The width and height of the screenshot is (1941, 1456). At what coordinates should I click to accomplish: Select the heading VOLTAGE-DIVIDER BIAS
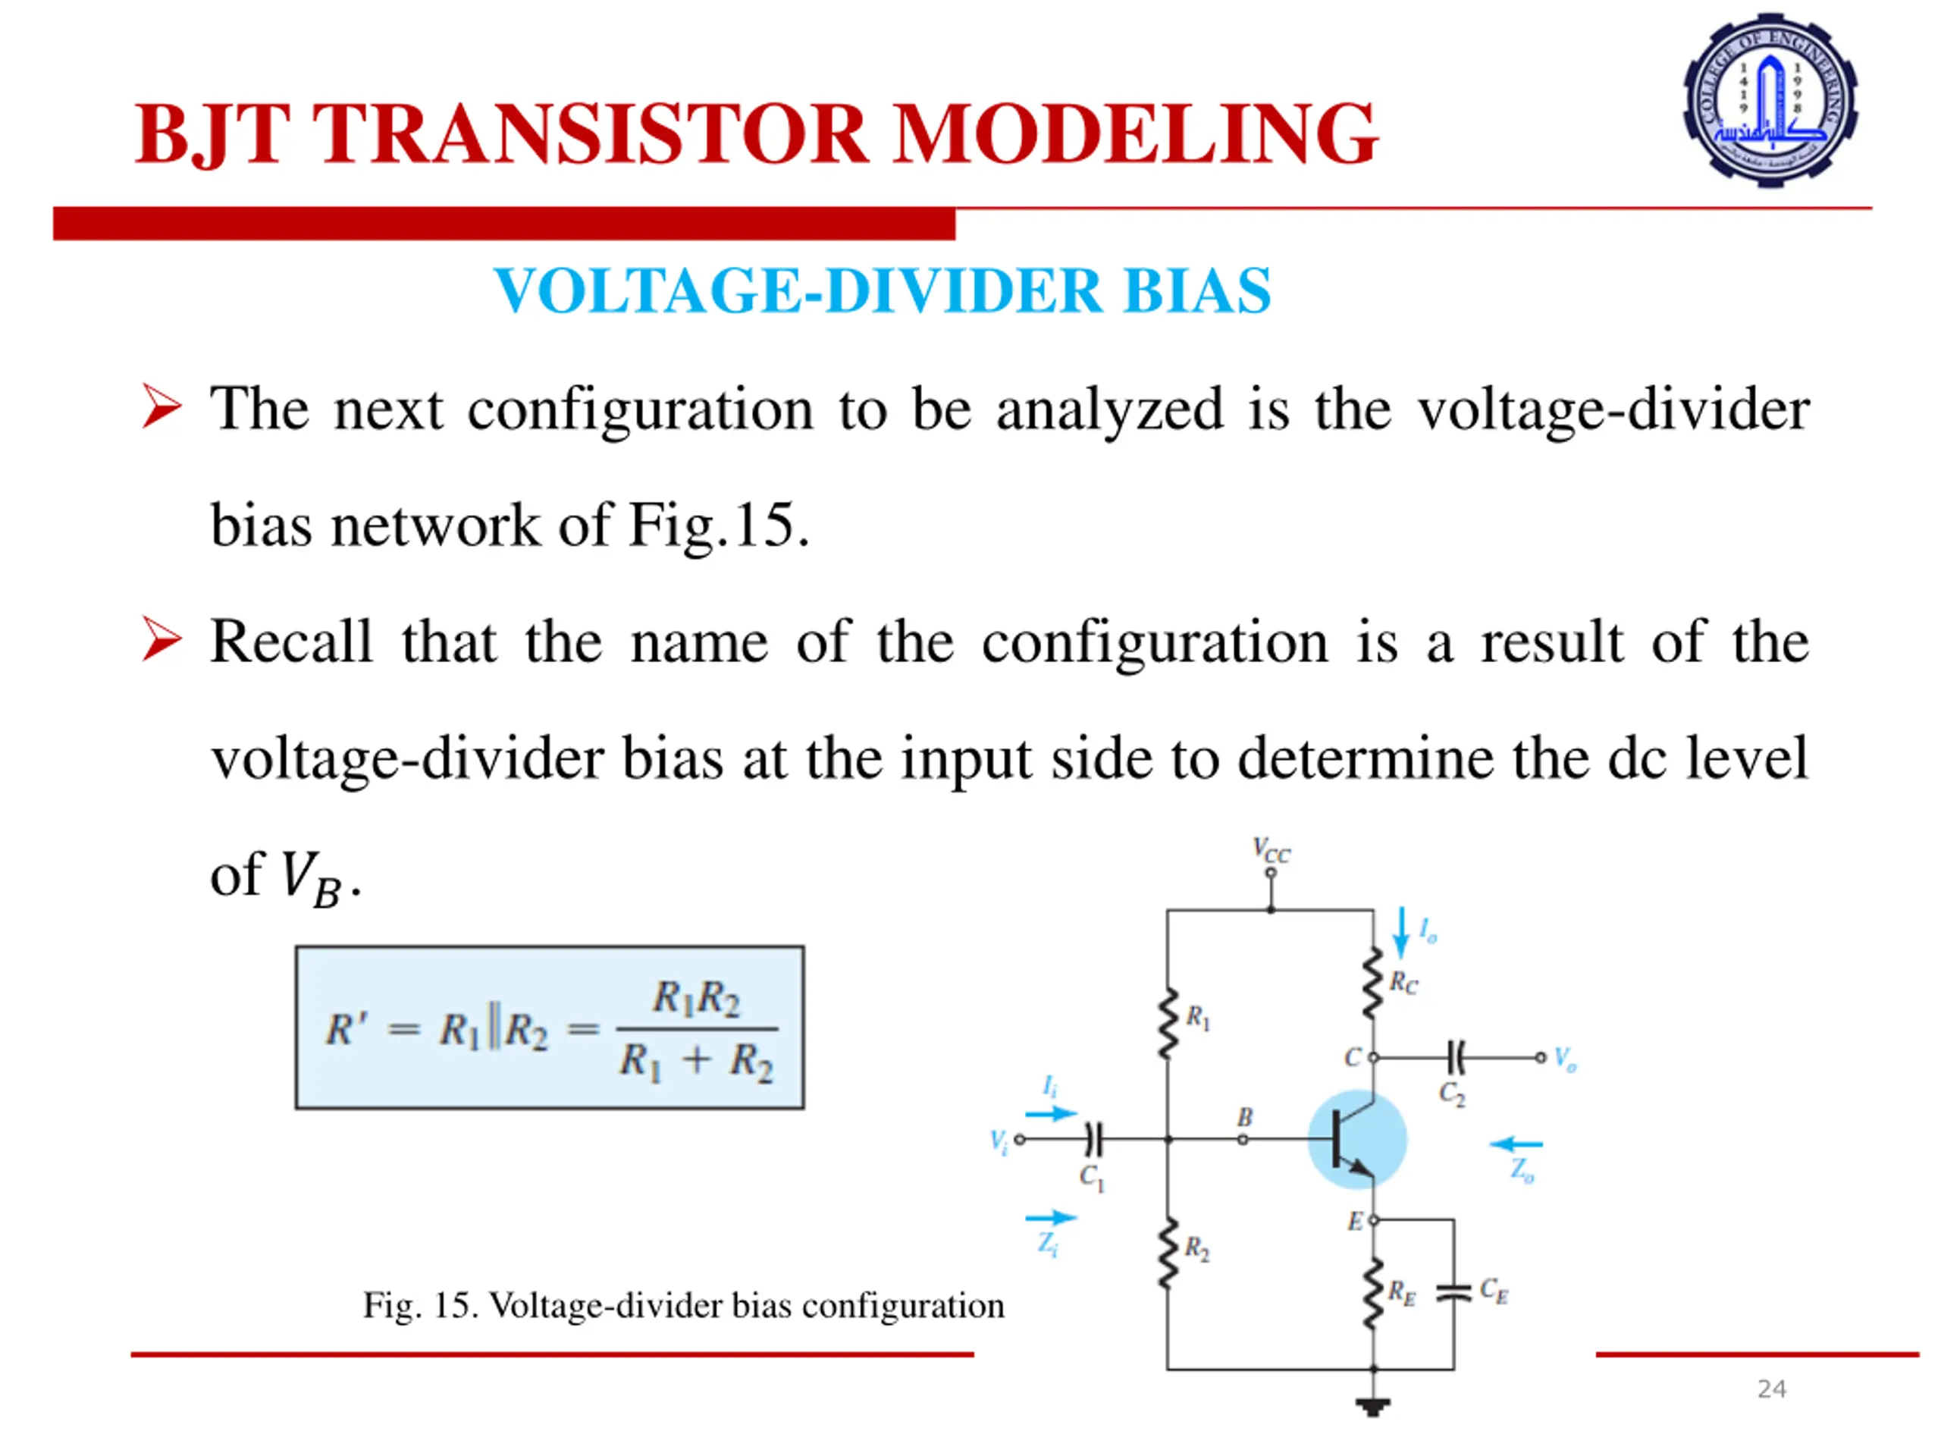tap(882, 290)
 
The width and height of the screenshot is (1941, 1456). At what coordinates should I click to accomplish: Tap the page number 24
tap(1770, 1389)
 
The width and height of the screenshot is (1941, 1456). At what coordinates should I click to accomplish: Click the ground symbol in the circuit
tap(1373, 1407)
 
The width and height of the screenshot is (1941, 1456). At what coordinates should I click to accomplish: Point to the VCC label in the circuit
tap(1272, 850)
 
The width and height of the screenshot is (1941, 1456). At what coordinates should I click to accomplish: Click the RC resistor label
tap(1402, 983)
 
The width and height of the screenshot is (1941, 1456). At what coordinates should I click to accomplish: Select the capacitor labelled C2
tap(1455, 1058)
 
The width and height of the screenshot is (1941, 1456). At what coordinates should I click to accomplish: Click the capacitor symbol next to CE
tap(1453, 1292)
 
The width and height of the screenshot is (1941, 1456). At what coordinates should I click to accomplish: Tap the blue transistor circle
tap(1357, 1139)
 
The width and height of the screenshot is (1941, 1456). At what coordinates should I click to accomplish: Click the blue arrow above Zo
tap(1516, 1144)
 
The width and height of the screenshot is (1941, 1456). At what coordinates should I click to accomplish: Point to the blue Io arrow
tap(1401, 932)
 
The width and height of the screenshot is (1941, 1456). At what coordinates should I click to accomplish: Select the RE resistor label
tap(1401, 1293)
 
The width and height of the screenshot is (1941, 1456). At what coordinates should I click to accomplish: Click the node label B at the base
tap(1244, 1117)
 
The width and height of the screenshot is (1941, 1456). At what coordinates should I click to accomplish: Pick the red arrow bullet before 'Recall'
tap(161, 640)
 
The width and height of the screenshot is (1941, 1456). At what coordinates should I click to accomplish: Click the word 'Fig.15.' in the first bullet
tap(719, 525)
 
